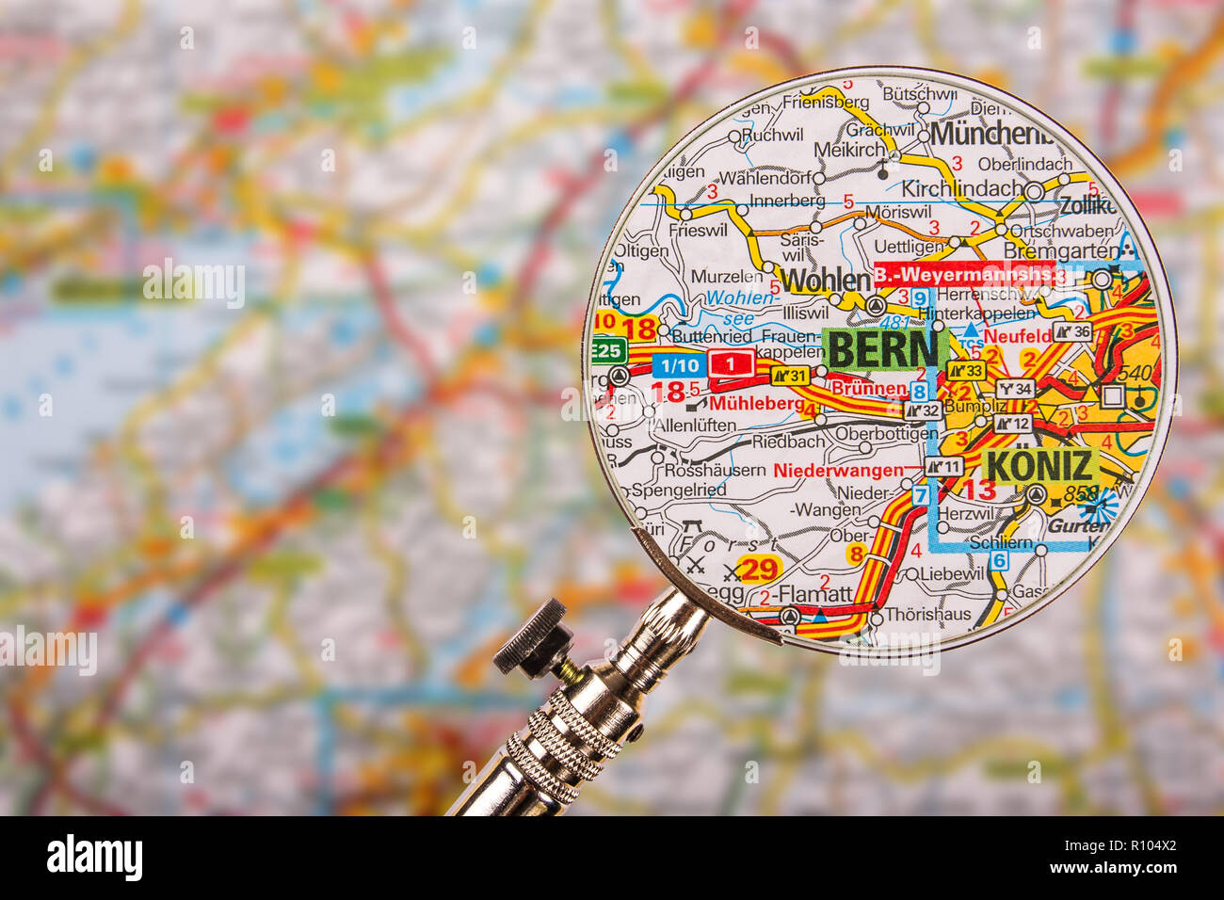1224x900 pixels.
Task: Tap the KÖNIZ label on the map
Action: pos(1039,466)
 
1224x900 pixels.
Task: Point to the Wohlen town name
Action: pos(825,280)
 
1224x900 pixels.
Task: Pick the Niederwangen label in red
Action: pos(838,469)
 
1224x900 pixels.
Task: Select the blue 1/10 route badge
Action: pos(678,365)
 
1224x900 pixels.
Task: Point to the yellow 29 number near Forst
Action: pos(758,569)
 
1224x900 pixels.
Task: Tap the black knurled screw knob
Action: pos(532,638)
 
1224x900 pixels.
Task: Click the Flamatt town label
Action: pos(815,594)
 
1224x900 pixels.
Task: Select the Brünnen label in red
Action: pos(868,388)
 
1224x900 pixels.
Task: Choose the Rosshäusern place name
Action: pos(716,469)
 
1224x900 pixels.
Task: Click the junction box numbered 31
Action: pos(791,376)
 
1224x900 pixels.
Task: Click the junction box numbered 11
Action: pos(944,467)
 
